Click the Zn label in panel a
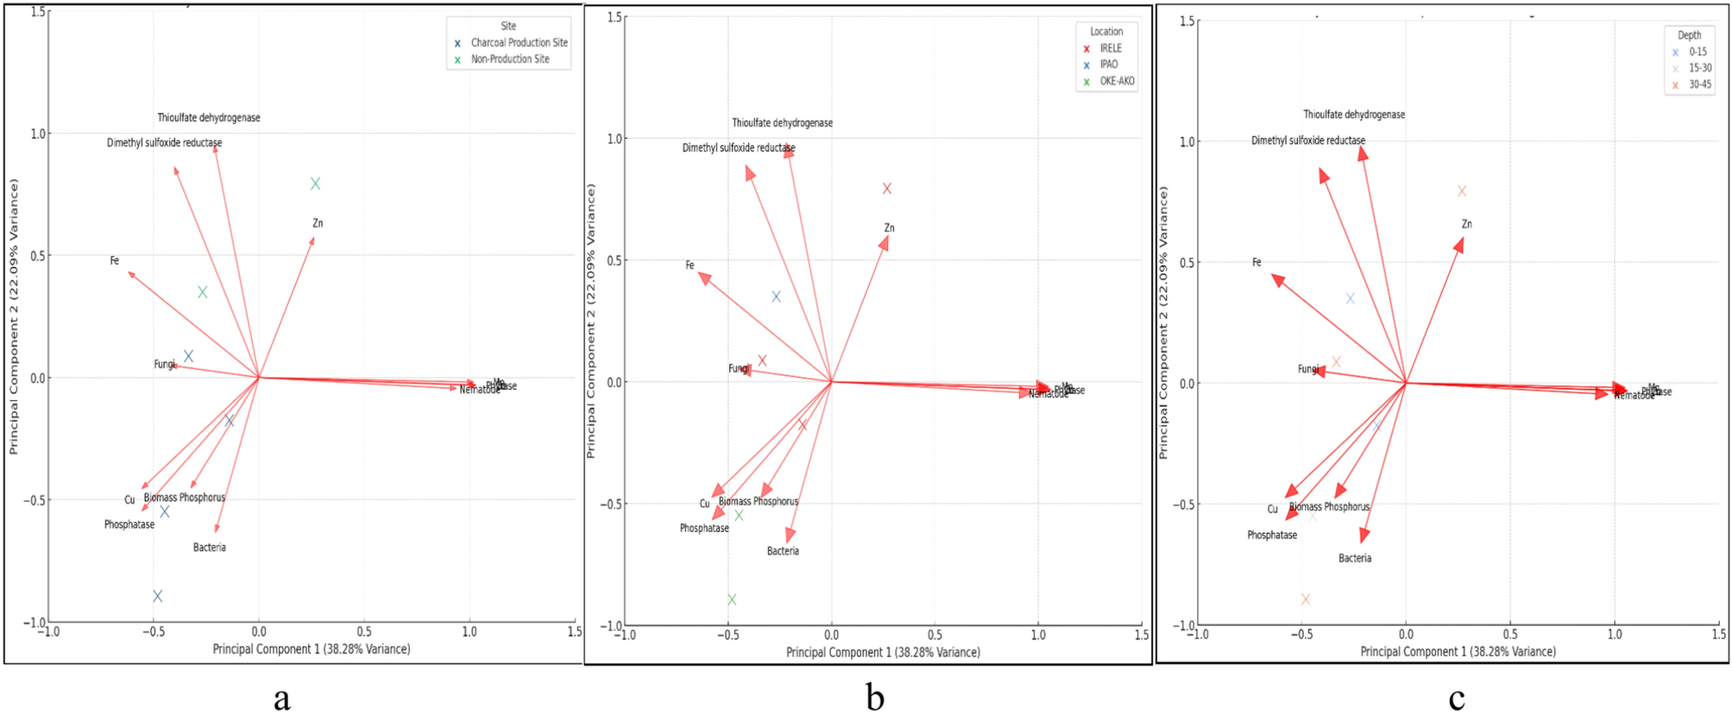[318, 223]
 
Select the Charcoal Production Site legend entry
[519, 42]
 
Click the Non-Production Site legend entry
[509, 60]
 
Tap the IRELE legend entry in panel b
[1110, 48]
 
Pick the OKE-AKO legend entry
[1116, 81]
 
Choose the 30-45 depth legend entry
[1699, 85]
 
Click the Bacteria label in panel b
[783, 551]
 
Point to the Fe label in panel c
[1256, 262]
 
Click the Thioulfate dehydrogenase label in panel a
[209, 117]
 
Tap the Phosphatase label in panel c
[1271, 535]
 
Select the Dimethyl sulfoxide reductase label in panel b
[739, 148]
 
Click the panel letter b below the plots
[874, 698]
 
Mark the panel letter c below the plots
[1457, 698]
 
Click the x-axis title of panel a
[312, 648]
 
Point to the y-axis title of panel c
[1163, 323]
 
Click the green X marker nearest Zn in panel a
[316, 184]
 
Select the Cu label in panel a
[129, 500]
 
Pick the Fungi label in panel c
[1308, 369]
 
